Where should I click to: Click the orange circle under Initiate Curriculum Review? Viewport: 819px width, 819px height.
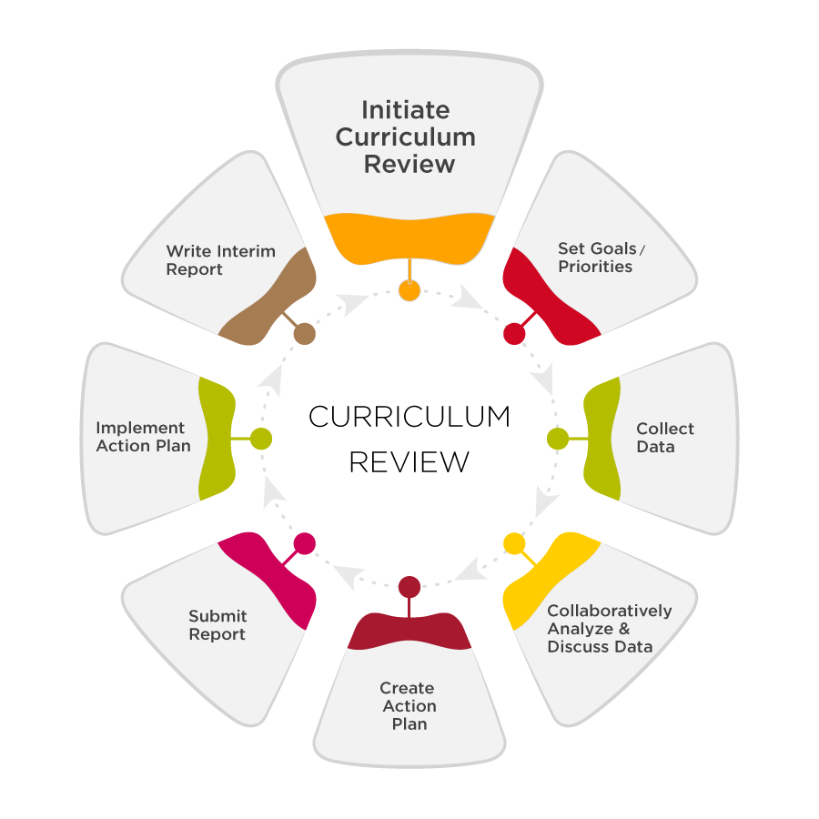(409, 290)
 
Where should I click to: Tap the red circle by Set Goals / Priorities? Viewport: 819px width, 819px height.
(514, 333)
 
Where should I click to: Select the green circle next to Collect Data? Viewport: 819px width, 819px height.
(558, 439)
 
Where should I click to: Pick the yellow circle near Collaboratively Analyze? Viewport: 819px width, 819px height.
(514, 544)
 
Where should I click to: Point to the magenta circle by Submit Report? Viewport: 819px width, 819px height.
(305, 544)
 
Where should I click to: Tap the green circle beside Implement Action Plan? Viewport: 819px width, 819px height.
(261, 439)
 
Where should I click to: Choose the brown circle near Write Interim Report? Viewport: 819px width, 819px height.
(305, 333)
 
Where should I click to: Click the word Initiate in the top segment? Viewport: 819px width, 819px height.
(405, 110)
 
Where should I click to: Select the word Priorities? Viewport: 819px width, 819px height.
(595, 267)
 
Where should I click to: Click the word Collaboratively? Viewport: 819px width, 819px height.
(610, 611)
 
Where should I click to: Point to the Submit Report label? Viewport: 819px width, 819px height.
(217, 625)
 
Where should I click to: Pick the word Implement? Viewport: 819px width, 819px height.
(140, 428)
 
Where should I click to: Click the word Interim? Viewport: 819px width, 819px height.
(247, 251)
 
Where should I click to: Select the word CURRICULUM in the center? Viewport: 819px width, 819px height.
(409, 417)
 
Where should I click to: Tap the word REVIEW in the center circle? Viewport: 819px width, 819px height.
(409, 461)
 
